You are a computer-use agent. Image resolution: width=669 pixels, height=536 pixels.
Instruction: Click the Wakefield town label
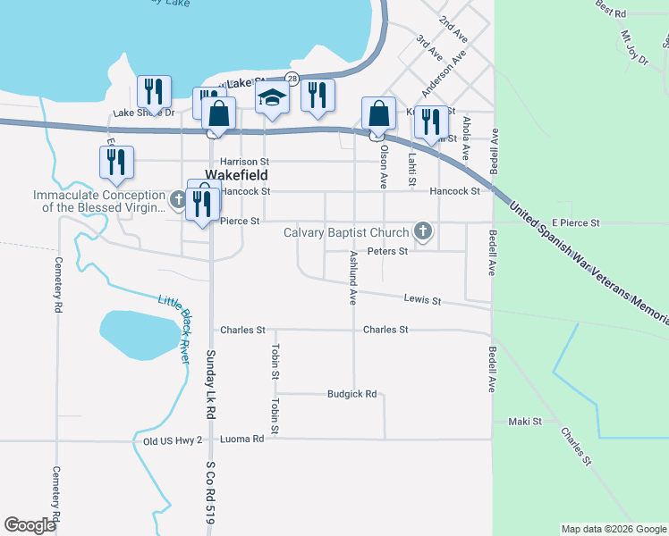[237, 176]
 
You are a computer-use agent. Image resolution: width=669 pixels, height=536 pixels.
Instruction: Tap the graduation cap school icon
[272, 98]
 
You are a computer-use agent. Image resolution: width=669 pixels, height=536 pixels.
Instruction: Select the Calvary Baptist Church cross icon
[422, 233]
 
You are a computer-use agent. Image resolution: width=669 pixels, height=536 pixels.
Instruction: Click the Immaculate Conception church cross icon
[177, 195]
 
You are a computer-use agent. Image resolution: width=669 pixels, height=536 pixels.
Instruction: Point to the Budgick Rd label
[351, 393]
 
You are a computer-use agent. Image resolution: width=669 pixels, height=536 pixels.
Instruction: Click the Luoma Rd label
[245, 440]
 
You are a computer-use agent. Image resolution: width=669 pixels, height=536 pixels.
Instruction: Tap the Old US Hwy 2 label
[173, 440]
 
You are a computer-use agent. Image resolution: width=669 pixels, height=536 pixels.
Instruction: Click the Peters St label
[387, 252]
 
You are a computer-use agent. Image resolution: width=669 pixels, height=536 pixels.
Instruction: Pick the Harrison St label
[245, 162]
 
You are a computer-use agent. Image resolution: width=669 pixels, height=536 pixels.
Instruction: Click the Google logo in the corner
[30, 525]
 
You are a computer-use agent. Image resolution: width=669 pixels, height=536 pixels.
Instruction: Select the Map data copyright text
[613, 529]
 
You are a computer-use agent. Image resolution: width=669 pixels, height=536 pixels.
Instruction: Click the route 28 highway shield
[292, 79]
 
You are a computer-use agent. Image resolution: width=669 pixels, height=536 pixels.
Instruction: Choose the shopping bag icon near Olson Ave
[378, 115]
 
